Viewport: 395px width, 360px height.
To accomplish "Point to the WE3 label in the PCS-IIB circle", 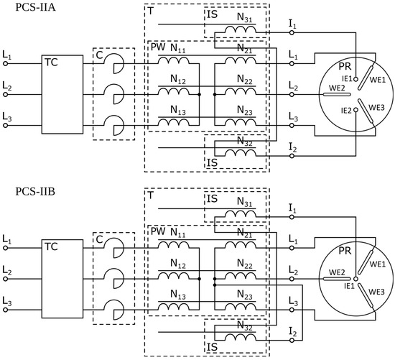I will click(x=377, y=291).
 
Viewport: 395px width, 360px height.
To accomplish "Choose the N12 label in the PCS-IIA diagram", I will click(x=177, y=81).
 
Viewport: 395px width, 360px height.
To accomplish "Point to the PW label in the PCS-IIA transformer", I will click(x=157, y=48).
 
